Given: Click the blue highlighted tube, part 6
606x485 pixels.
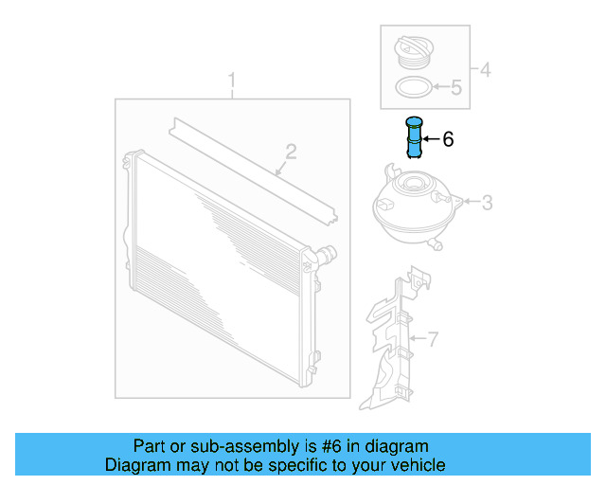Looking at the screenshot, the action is click(414, 137).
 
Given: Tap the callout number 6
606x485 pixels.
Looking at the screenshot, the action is click(448, 139).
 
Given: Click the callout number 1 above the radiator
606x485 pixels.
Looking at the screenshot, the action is click(231, 81).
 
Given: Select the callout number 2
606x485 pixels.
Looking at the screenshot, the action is click(291, 152).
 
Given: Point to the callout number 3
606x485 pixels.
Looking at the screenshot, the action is click(487, 203).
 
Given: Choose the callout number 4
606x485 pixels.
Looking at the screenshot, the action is click(486, 70).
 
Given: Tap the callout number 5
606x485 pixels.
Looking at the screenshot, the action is click(456, 87).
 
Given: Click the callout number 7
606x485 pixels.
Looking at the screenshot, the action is click(433, 339).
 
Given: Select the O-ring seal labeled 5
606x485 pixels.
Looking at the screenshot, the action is click(414, 87).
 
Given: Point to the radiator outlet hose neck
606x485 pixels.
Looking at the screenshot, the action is click(326, 255).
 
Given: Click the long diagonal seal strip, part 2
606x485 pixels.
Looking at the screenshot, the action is click(253, 171).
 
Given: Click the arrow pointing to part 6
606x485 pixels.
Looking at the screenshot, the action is click(432, 139).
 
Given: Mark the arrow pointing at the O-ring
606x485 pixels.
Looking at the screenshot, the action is click(441, 87).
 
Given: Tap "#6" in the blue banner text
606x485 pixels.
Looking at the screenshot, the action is click(331, 446).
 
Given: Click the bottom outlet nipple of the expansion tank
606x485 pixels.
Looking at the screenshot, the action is click(436, 244).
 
